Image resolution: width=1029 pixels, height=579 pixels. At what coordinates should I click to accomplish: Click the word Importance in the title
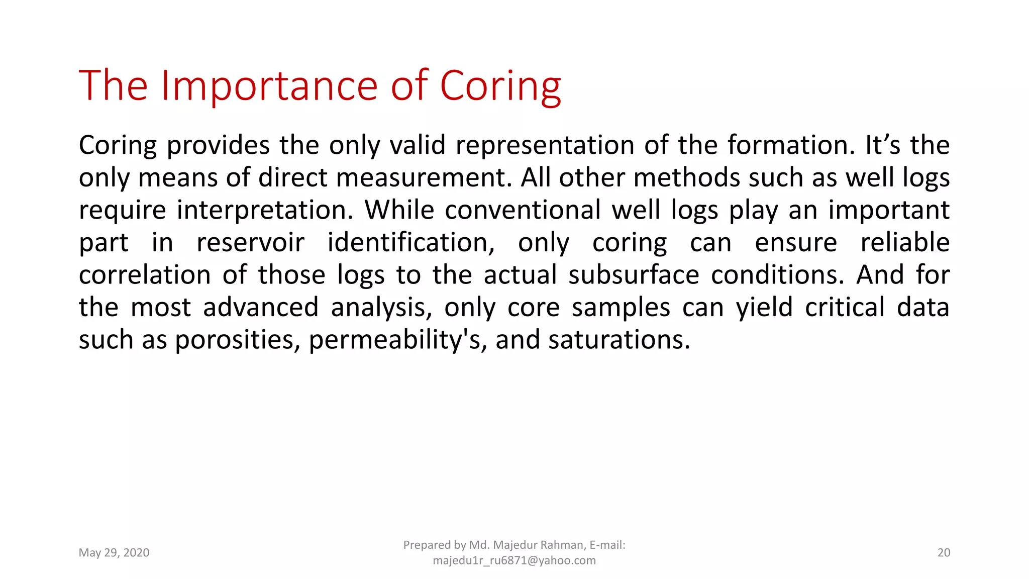point(269,86)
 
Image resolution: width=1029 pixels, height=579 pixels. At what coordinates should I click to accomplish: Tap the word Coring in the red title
point(500,86)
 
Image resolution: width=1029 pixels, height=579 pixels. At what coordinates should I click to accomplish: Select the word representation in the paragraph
point(545,145)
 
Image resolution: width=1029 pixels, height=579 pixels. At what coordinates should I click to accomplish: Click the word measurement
point(424,178)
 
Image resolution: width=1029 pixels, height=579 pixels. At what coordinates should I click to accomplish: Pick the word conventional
point(523,210)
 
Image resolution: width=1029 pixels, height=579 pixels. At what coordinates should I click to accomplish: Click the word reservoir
point(250,243)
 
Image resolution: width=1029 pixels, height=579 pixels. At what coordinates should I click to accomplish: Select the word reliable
point(905,243)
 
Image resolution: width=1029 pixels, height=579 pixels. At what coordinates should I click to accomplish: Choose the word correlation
point(145,275)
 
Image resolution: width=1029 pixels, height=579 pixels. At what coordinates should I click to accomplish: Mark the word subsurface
point(634,275)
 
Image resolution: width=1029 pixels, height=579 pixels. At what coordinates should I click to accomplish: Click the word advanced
point(261,308)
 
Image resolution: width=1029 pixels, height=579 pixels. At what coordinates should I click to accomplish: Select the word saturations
point(619,340)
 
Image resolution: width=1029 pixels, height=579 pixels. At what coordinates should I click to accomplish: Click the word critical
point(845,308)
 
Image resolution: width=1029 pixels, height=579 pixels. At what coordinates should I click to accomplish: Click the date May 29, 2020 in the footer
point(114,553)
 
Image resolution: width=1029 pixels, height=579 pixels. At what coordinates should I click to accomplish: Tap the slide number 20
point(944,553)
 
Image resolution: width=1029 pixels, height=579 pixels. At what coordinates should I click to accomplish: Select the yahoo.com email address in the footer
point(514,560)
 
